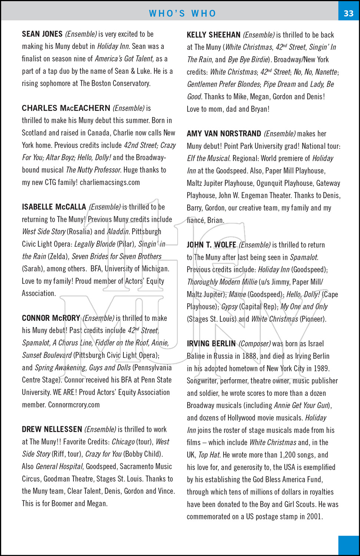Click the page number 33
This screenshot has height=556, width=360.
click(349, 13)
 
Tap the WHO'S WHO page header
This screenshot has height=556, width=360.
click(182, 14)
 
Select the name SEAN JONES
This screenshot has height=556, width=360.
click(42, 34)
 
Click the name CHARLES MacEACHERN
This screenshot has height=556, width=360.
click(66, 108)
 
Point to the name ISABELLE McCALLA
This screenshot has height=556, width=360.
click(54, 207)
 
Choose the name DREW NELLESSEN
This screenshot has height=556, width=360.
click(52, 429)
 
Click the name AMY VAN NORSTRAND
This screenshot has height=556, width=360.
click(224, 133)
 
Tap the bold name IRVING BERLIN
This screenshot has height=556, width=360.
click(211, 344)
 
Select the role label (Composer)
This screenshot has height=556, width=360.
click(255, 344)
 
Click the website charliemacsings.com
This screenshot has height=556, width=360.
click(110, 182)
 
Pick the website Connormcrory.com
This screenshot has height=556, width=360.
click(74, 405)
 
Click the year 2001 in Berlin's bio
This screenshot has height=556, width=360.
click(314, 516)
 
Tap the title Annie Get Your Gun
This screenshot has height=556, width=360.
click(303, 406)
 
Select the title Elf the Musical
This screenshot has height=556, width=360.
click(208, 158)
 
